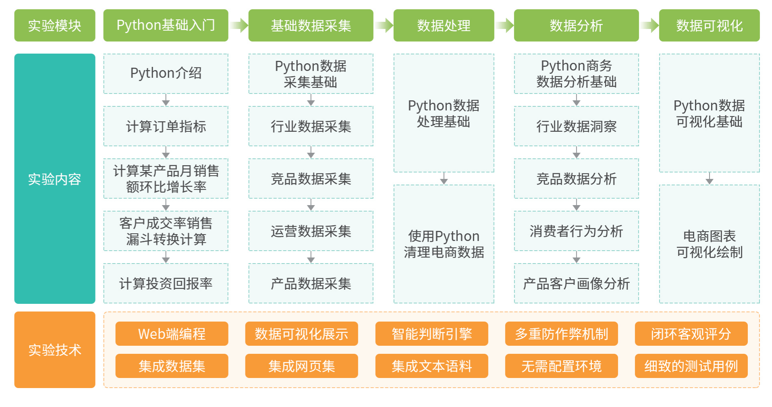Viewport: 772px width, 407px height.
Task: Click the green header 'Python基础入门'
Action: pos(166,25)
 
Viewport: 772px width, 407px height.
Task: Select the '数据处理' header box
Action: pos(443,25)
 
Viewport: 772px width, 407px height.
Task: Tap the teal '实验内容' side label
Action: pos(55,179)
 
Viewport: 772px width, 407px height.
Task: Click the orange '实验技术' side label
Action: pos(55,349)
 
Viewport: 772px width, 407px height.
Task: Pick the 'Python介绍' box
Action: pos(166,74)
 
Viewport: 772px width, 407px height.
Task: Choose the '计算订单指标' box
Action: pos(166,126)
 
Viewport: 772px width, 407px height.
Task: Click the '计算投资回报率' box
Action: pos(166,283)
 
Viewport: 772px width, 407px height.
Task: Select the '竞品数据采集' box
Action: pos(311,179)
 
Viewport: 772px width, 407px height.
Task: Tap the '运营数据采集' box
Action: pos(311,231)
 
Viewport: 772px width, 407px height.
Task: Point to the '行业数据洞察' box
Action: pos(576,126)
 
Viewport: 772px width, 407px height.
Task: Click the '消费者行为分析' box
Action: pos(576,231)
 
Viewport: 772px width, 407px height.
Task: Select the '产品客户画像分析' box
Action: pos(576,283)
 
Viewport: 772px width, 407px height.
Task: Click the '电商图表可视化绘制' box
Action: pos(709,244)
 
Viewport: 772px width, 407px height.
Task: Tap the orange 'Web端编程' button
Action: pos(172,334)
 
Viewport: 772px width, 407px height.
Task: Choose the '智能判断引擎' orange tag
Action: pos(432,334)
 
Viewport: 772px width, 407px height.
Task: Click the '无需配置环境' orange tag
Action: pos(561,366)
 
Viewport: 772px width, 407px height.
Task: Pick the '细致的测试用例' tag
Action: pos(691,366)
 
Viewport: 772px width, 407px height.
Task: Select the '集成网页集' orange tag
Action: pos(301,366)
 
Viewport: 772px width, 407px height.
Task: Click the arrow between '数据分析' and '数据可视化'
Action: pos(649,25)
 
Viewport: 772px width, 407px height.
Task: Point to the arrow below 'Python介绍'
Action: pos(166,100)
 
